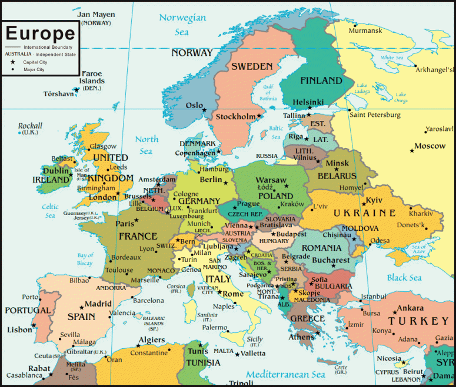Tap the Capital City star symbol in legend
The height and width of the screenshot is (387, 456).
click(x=12, y=61)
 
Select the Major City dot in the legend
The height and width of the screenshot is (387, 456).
click(x=12, y=69)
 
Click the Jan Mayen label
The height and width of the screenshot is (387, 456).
click(x=96, y=14)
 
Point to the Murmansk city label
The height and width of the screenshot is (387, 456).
click(x=365, y=30)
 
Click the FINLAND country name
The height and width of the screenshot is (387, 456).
click(x=321, y=80)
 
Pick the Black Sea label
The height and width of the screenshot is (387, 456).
click(x=404, y=277)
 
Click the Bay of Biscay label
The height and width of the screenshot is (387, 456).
click(x=85, y=259)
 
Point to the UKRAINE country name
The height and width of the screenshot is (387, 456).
click(x=365, y=213)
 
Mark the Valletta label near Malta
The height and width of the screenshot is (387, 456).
click(x=253, y=354)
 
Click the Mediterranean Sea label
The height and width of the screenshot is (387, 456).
click(x=285, y=374)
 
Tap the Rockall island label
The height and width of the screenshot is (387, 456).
click(x=30, y=126)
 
